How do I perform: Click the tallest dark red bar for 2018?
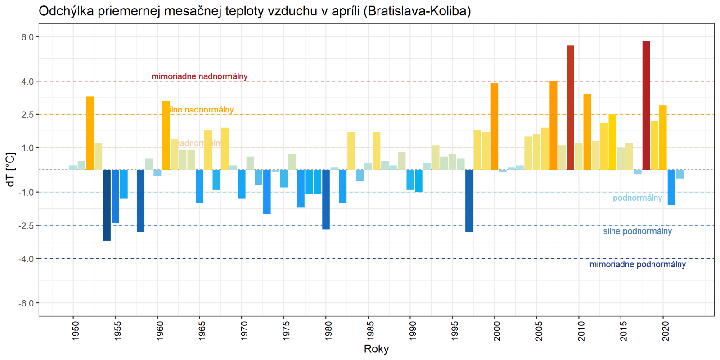point(646,105)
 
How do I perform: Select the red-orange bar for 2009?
point(570,108)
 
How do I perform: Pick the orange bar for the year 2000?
point(495,126)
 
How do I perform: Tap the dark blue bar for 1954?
point(107,205)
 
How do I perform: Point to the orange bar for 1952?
point(90,133)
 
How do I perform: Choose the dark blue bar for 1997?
point(469,201)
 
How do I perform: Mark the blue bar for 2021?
point(671,187)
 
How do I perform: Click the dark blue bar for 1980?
point(326,199)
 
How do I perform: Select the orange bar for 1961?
point(166,135)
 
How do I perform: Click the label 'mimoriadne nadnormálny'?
point(199,76)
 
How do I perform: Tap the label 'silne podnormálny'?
point(637,231)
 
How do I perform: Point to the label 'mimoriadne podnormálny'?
point(637,265)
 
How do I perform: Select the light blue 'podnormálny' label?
point(637,198)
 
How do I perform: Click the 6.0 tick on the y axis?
point(27,37)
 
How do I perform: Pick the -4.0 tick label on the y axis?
point(26,259)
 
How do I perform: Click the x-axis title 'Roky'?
point(376,349)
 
